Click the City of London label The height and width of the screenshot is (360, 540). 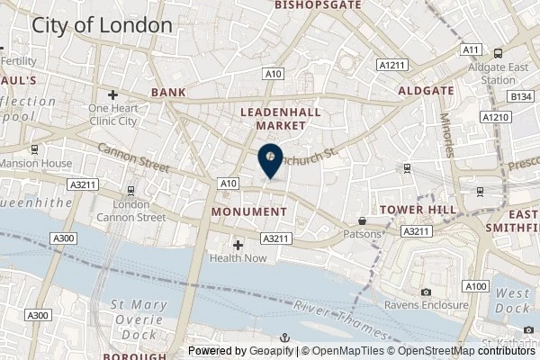pyautogui.click(x=102, y=25)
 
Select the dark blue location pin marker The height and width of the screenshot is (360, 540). pyautogui.click(x=270, y=160)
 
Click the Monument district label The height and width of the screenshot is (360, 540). pyautogui.click(x=248, y=211)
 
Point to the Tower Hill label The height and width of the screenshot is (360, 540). pyautogui.click(x=414, y=210)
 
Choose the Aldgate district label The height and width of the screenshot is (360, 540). pyautogui.click(x=421, y=91)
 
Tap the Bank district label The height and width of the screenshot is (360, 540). pyautogui.click(x=168, y=93)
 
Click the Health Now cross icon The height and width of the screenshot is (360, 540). pyautogui.click(x=238, y=244)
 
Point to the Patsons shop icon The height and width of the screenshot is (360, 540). pyautogui.click(x=362, y=220)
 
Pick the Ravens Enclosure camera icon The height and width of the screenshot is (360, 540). pyautogui.click(x=426, y=292)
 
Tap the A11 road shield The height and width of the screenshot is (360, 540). pyautogui.click(x=470, y=50)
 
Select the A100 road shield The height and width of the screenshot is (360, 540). pyautogui.click(x=477, y=286)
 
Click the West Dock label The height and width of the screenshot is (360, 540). pyautogui.click(x=512, y=300)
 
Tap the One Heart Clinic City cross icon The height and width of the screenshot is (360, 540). pyautogui.click(x=112, y=94)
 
